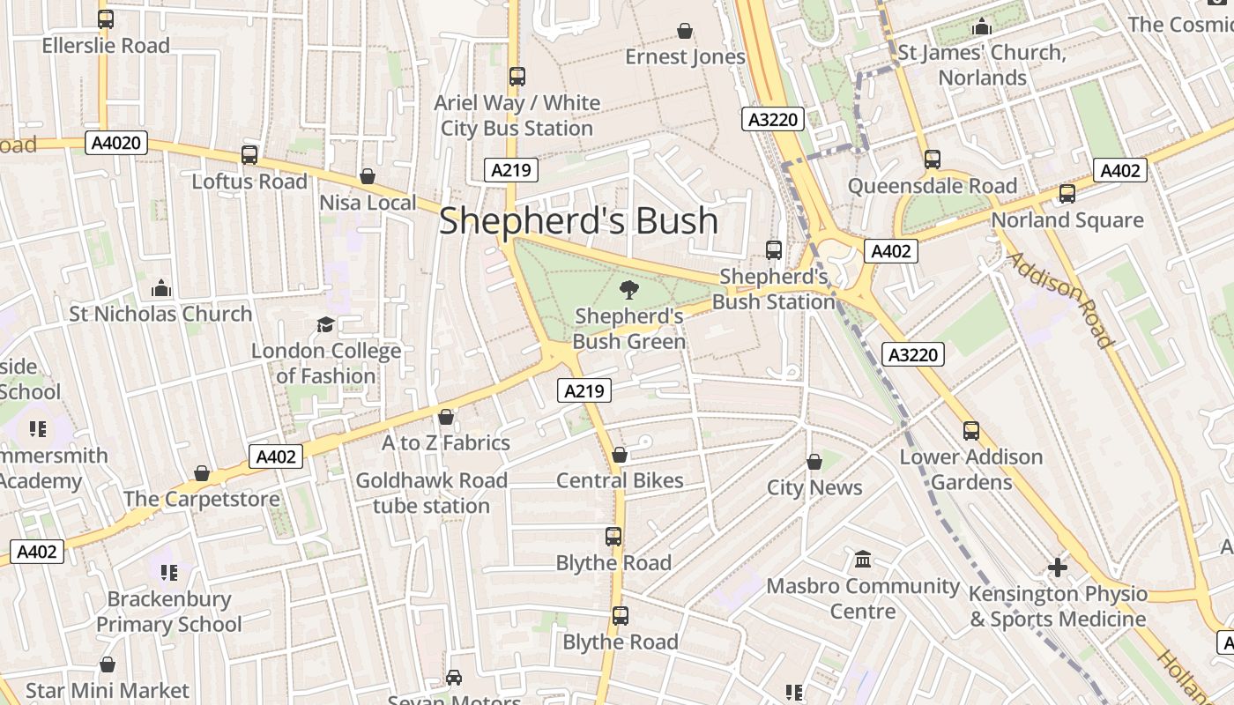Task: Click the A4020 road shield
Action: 116,143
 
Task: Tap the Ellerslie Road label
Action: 106,45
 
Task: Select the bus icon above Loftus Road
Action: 249,156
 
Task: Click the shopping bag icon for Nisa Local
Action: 368,177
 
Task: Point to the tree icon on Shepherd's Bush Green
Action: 628,289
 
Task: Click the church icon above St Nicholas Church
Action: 160,288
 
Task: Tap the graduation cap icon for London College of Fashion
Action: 326,325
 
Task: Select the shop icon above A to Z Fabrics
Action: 446,417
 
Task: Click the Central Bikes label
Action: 620,480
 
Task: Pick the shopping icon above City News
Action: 814,462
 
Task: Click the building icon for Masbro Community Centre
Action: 863,560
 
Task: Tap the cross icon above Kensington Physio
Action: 1058,568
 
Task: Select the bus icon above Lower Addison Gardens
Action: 971,431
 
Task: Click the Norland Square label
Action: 1067,220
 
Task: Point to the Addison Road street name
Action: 1059,300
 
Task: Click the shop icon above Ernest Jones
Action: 685,32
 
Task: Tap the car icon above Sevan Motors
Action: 454,678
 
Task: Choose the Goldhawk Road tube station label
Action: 431,493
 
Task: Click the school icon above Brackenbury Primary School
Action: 169,573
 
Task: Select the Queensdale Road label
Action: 933,186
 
